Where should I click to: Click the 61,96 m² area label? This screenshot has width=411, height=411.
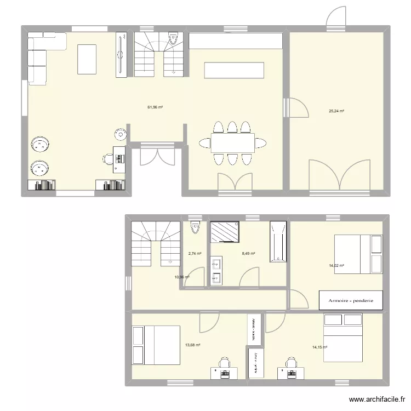(155, 107)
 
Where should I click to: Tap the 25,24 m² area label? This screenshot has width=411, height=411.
(336, 111)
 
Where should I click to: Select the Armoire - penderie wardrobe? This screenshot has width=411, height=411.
(351, 300)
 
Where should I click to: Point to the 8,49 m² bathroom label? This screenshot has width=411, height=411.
(249, 254)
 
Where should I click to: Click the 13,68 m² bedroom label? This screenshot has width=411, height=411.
(192, 345)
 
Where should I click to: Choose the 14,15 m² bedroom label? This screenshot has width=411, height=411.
(319, 347)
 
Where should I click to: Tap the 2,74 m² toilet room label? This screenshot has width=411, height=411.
(195, 254)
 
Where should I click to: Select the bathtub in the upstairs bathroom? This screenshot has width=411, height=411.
(278, 242)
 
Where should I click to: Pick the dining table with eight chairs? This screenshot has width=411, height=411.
(233, 144)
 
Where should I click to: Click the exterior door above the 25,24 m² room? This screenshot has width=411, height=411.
(336, 18)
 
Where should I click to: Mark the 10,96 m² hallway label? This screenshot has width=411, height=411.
(182, 277)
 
